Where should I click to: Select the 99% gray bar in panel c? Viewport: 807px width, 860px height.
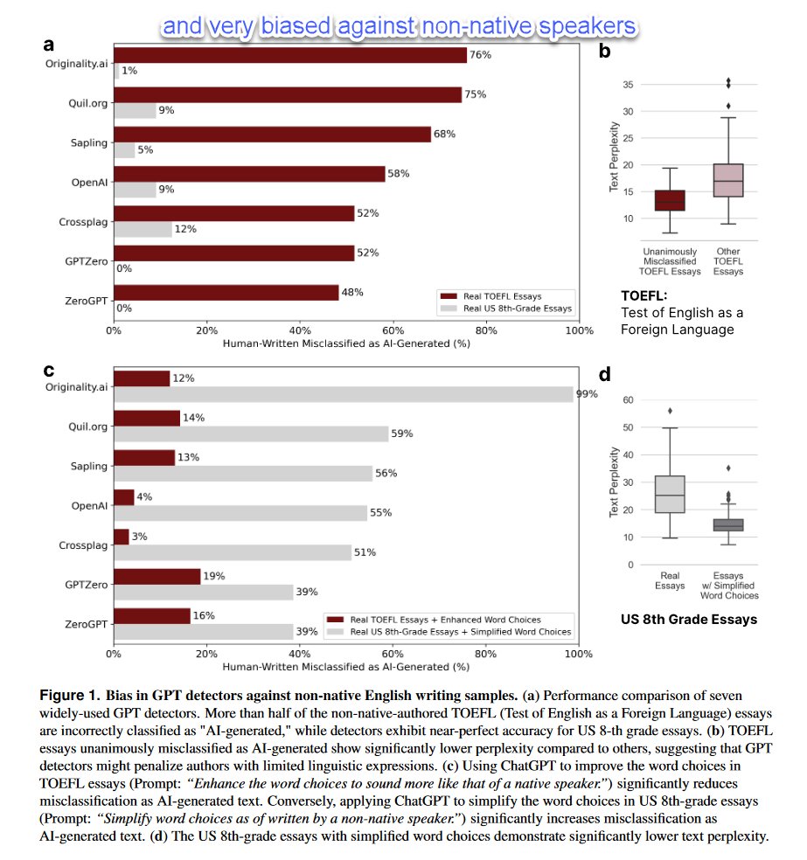point(344,394)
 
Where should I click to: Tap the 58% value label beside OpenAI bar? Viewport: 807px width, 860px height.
point(398,174)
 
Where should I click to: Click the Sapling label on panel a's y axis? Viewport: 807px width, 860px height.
point(89,142)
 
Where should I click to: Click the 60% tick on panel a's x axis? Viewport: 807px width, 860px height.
point(393,331)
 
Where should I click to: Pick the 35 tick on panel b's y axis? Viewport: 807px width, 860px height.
point(627,85)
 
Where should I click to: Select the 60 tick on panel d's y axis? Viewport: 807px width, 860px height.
point(627,400)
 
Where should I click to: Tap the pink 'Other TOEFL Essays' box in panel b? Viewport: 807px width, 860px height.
point(727,180)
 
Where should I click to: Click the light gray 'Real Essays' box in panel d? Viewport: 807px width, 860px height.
point(670,494)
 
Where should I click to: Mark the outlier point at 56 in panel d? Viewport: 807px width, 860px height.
point(670,411)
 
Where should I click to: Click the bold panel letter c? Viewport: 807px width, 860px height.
point(49,370)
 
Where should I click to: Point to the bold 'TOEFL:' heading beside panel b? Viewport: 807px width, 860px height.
point(644,295)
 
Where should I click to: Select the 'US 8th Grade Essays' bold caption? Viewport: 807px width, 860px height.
point(689,620)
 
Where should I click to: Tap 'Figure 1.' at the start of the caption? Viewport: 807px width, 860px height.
point(69,697)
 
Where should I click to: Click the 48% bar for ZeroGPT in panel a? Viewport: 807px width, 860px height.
point(226,292)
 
